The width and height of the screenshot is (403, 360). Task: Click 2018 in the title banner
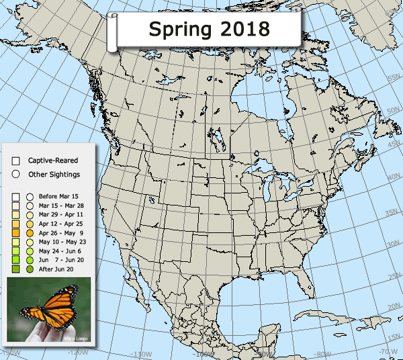tap(242, 29)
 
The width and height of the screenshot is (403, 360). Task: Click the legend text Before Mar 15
tap(58, 195)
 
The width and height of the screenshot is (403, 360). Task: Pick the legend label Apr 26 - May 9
tap(58, 232)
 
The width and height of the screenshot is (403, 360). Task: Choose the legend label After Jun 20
tap(56, 269)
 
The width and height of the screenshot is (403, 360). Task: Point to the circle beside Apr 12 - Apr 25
tap(30, 223)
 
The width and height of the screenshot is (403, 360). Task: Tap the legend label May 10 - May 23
tap(58, 241)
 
